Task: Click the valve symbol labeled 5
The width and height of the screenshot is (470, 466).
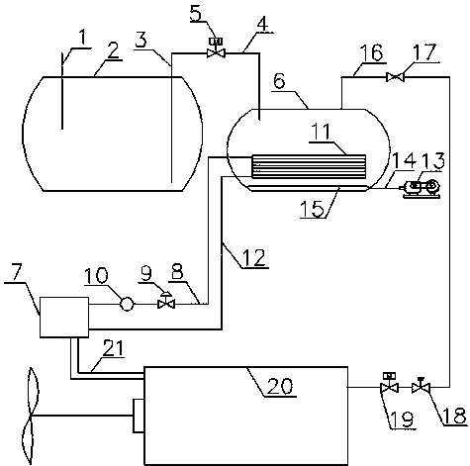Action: pos(216,48)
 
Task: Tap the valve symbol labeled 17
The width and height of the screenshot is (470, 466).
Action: pos(395,77)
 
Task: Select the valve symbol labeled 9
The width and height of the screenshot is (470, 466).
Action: pos(166,301)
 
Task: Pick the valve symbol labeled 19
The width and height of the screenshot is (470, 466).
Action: pos(390,383)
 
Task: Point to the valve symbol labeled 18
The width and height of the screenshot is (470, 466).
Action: pos(421,386)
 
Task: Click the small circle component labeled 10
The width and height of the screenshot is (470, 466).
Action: pos(127,304)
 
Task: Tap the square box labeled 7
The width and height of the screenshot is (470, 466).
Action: pos(64,317)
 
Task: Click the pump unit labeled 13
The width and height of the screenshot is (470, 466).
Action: pos(420,189)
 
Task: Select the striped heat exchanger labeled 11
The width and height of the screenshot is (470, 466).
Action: pos(309,166)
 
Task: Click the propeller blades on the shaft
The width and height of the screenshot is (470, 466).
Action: pos(31,417)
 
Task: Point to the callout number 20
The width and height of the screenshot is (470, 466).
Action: pos(279,386)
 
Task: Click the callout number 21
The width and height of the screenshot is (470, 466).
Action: pos(113,348)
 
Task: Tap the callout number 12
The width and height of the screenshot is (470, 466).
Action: pos(254,258)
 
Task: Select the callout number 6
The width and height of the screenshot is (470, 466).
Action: pos(279,81)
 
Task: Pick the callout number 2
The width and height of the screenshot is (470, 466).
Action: pos(113,50)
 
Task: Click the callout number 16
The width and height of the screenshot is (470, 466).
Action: pos(371,52)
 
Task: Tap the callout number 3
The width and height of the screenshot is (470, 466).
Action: pos(141,41)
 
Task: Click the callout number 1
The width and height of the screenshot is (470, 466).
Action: pos(82,38)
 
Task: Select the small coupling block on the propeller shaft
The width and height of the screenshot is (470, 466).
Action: pos(139,416)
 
